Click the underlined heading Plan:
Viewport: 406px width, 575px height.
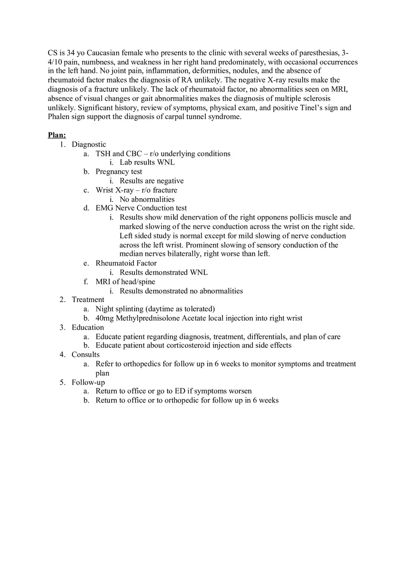point(57,135)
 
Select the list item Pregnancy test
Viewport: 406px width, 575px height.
point(119,172)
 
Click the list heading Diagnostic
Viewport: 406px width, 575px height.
point(89,144)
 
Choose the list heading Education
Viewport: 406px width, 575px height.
point(88,327)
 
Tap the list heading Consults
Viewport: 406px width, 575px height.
point(85,355)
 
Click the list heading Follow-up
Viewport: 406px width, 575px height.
point(88,382)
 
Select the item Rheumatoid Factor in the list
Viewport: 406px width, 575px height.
point(126,263)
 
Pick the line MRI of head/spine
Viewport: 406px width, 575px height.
point(125,282)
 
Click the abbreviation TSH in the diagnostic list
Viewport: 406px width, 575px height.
point(103,154)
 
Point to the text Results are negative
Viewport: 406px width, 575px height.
point(151,181)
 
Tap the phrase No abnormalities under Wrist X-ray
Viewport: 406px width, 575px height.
point(147,199)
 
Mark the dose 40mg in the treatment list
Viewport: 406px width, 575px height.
point(105,318)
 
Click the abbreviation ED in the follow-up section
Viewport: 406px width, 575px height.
point(180,391)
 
